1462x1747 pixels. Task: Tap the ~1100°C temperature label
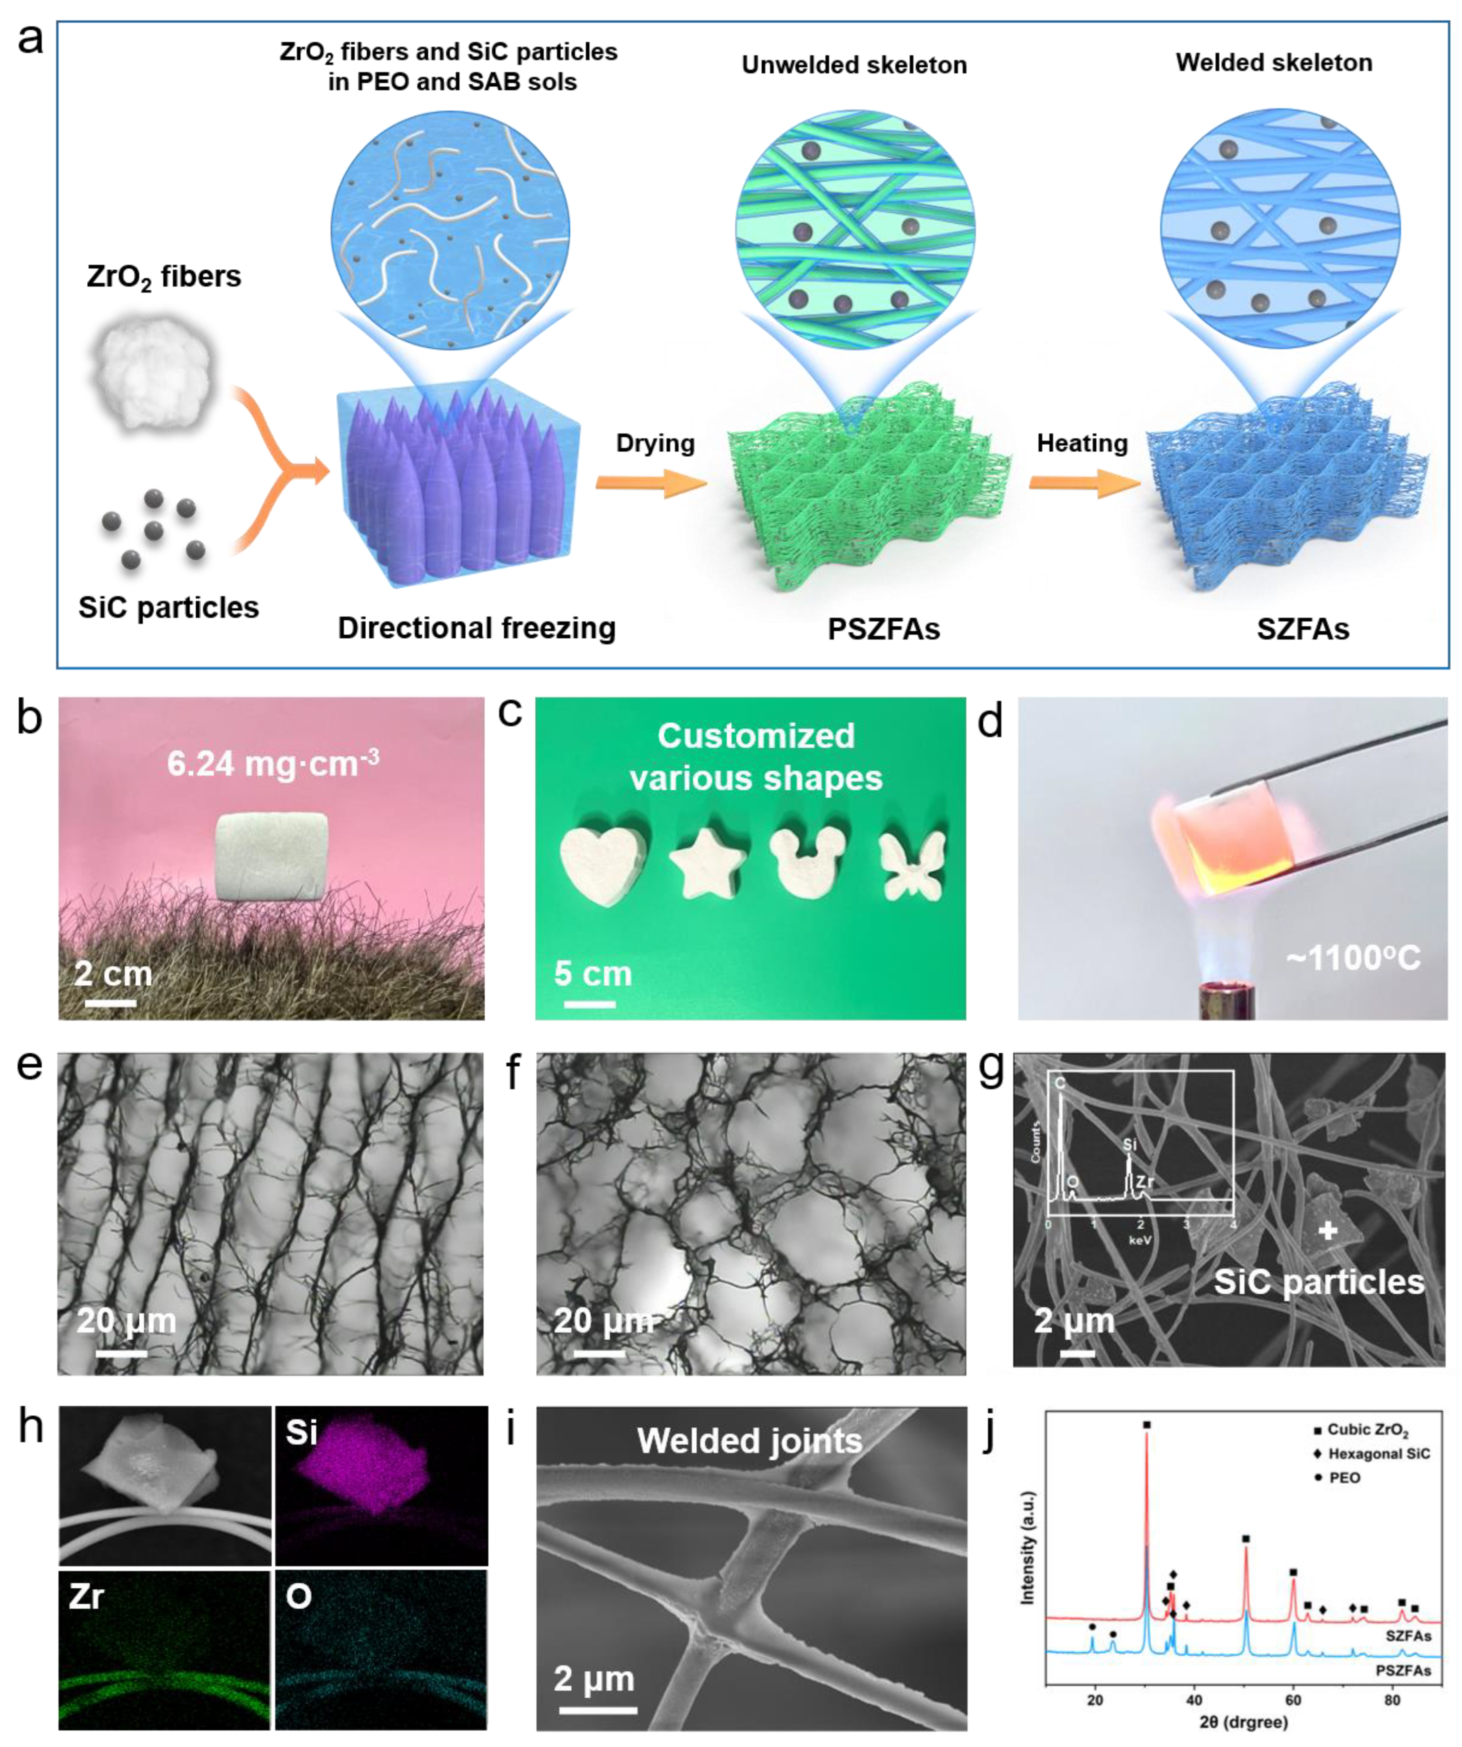tap(1353, 959)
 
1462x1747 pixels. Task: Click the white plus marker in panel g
tap(1328, 1230)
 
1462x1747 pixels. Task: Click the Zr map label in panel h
tap(87, 1596)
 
